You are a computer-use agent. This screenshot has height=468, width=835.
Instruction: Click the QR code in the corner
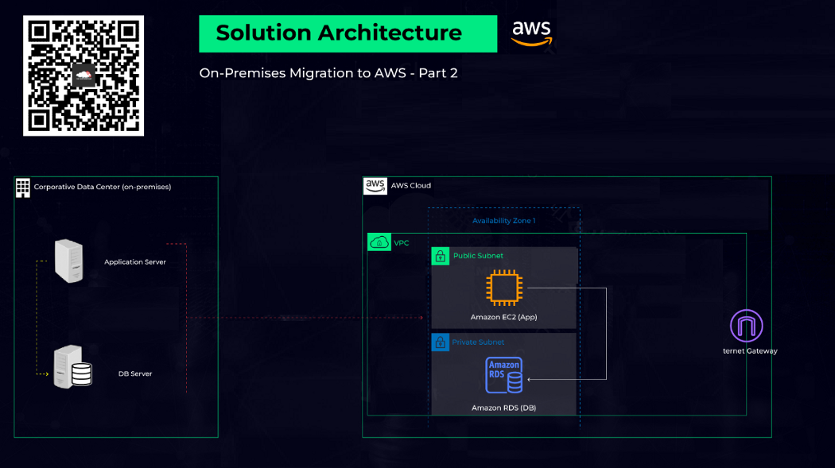83,75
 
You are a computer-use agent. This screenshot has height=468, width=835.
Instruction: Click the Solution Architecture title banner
348,33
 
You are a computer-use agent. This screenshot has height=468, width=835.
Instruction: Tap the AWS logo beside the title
531,33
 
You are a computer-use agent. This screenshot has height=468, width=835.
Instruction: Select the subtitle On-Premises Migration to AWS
328,73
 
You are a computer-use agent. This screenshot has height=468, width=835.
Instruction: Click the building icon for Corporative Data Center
23,188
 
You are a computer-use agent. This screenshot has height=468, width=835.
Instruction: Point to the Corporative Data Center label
102,188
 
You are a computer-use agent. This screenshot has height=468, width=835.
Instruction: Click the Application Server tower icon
68,261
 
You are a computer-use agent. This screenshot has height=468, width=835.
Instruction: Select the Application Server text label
135,262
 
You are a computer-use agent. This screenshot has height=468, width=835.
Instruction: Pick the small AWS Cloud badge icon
375,186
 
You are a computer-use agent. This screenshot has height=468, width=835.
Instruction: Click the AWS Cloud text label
410,186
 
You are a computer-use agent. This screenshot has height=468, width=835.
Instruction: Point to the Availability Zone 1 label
503,221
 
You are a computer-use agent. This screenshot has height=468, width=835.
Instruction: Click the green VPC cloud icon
379,242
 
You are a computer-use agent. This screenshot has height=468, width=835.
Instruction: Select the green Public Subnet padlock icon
441,256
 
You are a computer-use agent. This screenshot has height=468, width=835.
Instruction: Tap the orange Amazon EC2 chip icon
503,288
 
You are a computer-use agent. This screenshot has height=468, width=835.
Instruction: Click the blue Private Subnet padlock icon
441,342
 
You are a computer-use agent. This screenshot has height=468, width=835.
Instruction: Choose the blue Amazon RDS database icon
504,375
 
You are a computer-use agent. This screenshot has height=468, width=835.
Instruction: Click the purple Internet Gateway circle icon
746,326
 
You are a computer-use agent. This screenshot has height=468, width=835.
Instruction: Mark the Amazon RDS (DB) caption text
503,408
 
